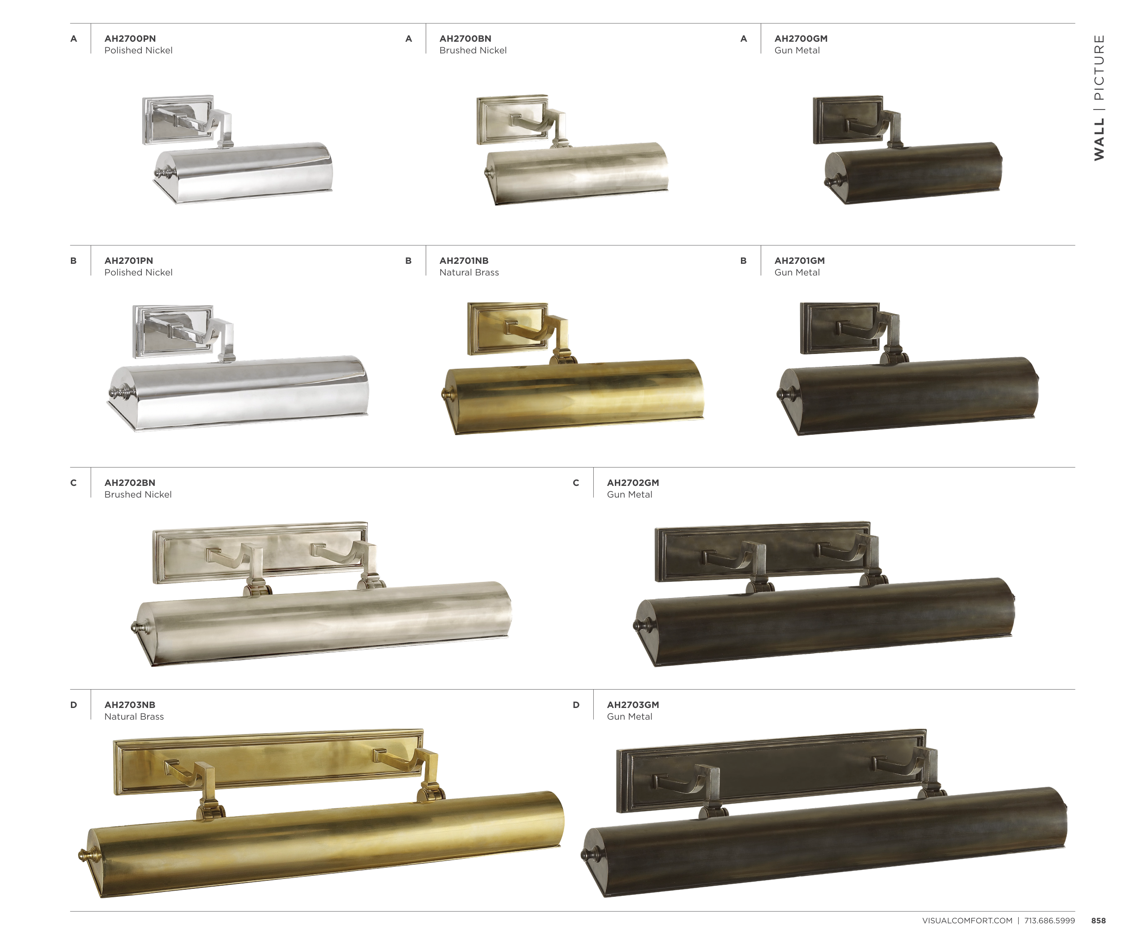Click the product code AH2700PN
(130, 39)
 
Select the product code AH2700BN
(465, 39)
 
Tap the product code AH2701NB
(464, 261)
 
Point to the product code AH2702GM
(633, 483)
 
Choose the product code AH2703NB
(130, 705)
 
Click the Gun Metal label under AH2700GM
(797, 50)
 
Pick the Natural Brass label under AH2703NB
(134, 717)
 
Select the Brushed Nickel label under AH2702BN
(138, 494)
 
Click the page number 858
(1099, 921)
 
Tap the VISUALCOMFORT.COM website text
(967, 921)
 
